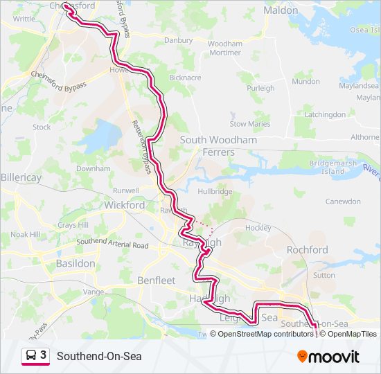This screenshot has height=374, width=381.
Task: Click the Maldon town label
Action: [x=281, y=10]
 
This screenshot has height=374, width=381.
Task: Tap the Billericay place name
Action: [x=21, y=177]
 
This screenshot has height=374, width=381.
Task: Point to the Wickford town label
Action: [x=125, y=205]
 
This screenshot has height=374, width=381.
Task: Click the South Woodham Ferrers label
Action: [x=218, y=145]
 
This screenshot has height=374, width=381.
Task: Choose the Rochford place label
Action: [x=307, y=249]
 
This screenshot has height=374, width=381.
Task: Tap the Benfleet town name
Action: [x=157, y=280]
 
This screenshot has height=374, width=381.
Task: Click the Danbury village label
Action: [x=179, y=40]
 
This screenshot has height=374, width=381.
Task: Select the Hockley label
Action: [x=258, y=227]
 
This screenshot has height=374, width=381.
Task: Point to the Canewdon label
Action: [x=343, y=202]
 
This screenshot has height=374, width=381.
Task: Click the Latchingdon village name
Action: [x=324, y=114]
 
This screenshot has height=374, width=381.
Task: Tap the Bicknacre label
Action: [x=184, y=78]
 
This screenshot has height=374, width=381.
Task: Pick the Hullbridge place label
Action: [x=214, y=190]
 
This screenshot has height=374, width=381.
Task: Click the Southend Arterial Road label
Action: [x=112, y=244]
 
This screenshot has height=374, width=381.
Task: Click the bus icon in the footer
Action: [x=31, y=356]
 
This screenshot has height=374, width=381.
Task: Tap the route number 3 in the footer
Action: [x=44, y=355]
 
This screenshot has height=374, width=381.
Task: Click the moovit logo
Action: [x=328, y=357]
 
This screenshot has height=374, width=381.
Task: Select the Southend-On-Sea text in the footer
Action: [x=99, y=356]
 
